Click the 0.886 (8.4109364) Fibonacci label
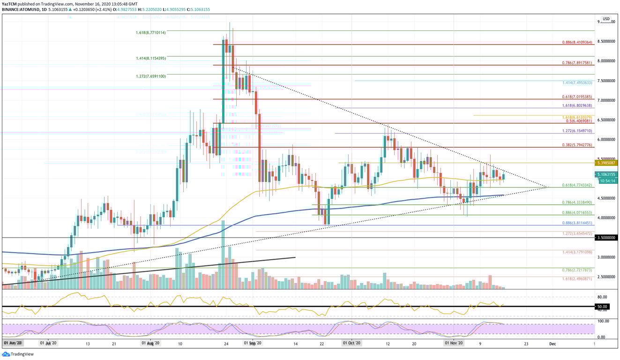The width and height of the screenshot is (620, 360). pos(577,42)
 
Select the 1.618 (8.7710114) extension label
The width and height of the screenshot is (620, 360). pos(148,33)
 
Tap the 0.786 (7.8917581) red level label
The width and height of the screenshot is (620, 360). pos(577,62)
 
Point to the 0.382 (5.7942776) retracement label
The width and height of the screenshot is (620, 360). pos(577,145)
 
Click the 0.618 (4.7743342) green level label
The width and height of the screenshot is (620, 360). pos(577,185)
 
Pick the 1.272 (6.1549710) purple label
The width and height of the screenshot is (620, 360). pos(577,131)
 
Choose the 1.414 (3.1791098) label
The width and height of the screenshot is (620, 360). pos(577,252)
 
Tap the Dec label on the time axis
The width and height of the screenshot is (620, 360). pos(553,344)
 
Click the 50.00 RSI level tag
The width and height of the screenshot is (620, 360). pos(602,307)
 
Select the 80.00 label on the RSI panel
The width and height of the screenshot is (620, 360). pos(602,297)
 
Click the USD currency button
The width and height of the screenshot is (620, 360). pos(606,19)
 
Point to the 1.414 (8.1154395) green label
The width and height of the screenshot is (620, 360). pos(148,59)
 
